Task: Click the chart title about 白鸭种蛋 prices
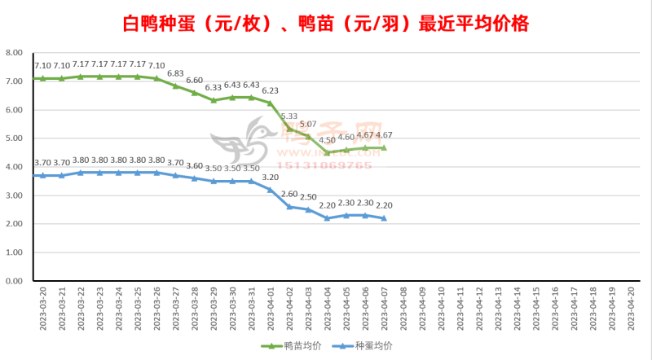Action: [x=325, y=23]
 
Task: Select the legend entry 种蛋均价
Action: [x=372, y=346]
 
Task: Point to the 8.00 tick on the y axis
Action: [x=13, y=52]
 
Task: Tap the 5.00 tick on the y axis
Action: [x=13, y=138]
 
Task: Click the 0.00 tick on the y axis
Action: [x=13, y=281]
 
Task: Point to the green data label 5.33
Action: [x=289, y=116]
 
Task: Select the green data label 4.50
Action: [x=328, y=140]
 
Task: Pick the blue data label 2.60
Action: [x=289, y=194]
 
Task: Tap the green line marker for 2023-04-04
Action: [x=328, y=152]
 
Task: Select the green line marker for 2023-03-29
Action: [x=214, y=100]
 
